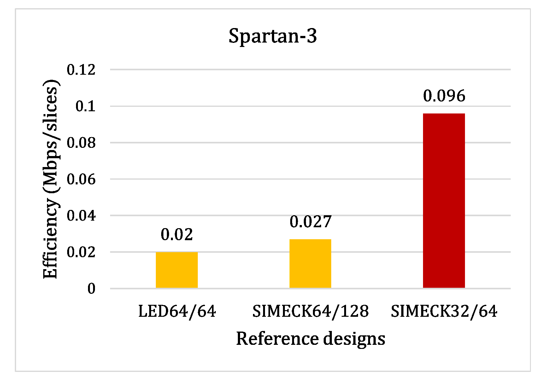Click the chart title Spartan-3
[273, 36]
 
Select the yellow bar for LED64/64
[177, 270]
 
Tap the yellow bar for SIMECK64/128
[310, 263]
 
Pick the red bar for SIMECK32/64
[444, 200]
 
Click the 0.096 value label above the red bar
[444, 96]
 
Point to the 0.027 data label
[310, 222]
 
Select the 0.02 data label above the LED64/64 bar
[177, 235]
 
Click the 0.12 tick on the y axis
[81, 70]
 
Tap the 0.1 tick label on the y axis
[85, 106]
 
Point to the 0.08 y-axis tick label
[81, 143]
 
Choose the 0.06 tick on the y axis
[81, 179]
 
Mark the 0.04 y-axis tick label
[81, 216]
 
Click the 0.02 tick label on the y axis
[81, 252]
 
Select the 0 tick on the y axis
[91, 289]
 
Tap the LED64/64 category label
[177, 311]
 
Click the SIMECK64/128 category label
[310, 311]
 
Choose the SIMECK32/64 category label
[444, 311]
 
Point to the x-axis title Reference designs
[310, 339]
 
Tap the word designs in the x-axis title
[354, 339]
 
